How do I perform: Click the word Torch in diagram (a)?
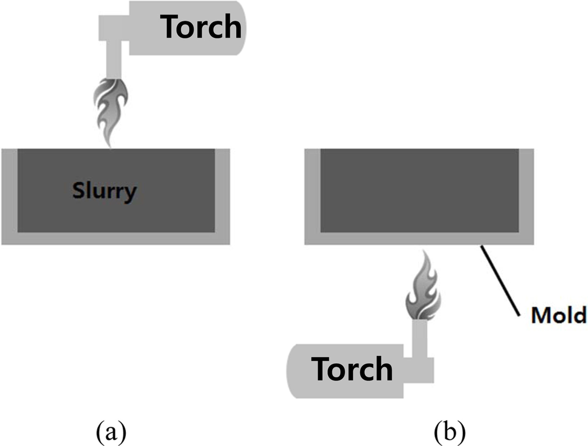point(201,27)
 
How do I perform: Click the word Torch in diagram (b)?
point(352,369)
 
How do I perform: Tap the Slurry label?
point(105,191)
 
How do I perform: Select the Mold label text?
point(558,316)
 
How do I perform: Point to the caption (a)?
point(111,432)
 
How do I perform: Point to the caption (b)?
point(449,432)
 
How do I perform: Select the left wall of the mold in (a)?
point(9,191)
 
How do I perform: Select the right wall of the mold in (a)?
point(222,191)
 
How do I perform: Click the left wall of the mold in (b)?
point(312,191)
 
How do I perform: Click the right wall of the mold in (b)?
point(526,191)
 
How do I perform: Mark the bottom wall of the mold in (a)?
point(116,238)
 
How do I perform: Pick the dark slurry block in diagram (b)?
point(419,191)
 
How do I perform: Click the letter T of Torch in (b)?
point(322,369)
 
